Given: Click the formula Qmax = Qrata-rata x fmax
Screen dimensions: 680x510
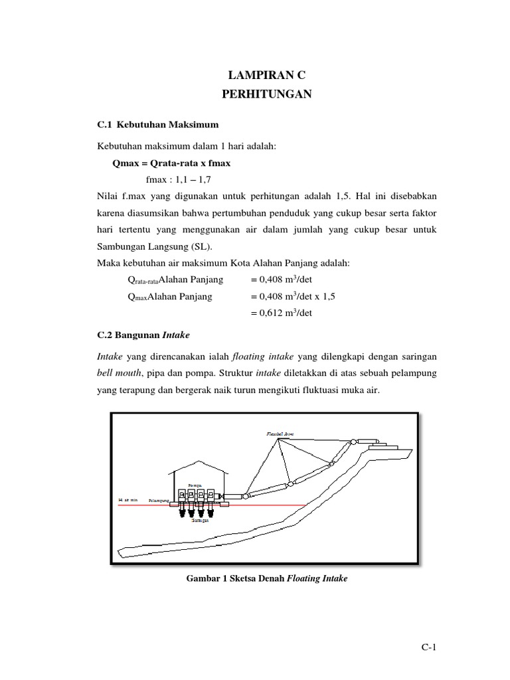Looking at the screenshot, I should pyautogui.click(x=173, y=163).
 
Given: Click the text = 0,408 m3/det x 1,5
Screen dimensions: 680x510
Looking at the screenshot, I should pyautogui.click(x=293, y=296).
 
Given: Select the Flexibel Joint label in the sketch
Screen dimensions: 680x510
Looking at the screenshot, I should pyautogui.click(x=278, y=433).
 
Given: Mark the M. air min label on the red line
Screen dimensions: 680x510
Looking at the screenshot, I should pyautogui.click(x=127, y=499).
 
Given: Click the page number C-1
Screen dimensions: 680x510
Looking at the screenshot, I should pyautogui.click(x=425, y=649).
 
